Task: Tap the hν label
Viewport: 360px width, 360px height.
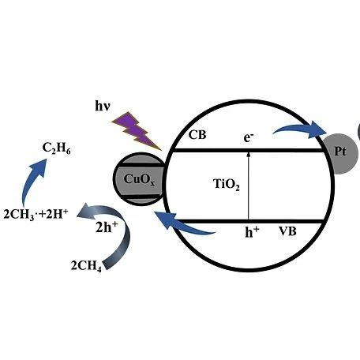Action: (x=103, y=107)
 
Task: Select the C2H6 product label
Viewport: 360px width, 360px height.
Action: (x=56, y=148)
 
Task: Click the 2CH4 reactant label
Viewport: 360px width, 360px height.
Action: (x=86, y=265)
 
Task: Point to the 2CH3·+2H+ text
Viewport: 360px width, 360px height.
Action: (x=36, y=214)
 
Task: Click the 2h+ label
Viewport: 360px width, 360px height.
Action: (x=107, y=227)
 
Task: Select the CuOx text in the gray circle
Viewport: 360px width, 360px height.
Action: (x=139, y=180)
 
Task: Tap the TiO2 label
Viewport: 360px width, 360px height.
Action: (x=227, y=184)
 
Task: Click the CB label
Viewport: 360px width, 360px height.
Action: (x=197, y=135)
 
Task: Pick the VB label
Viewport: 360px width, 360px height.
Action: (x=287, y=231)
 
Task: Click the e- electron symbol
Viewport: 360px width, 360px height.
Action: (x=249, y=137)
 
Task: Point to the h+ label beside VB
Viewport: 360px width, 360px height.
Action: (x=252, y=232)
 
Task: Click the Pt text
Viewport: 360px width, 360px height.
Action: (x=340, y=152)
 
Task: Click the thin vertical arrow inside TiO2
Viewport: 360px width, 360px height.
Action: (x=248, y=186)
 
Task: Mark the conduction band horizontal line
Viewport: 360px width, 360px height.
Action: (x=249, y=151)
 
